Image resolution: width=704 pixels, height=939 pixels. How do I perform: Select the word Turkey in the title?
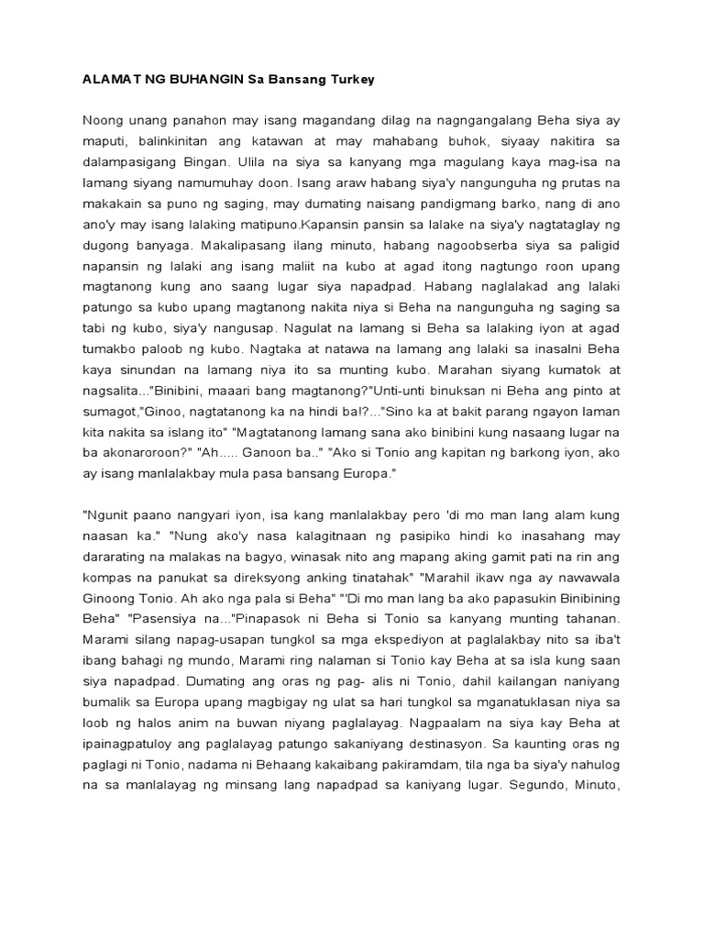click(348, 80)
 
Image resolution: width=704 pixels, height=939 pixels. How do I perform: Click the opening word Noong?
click(104, 120)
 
